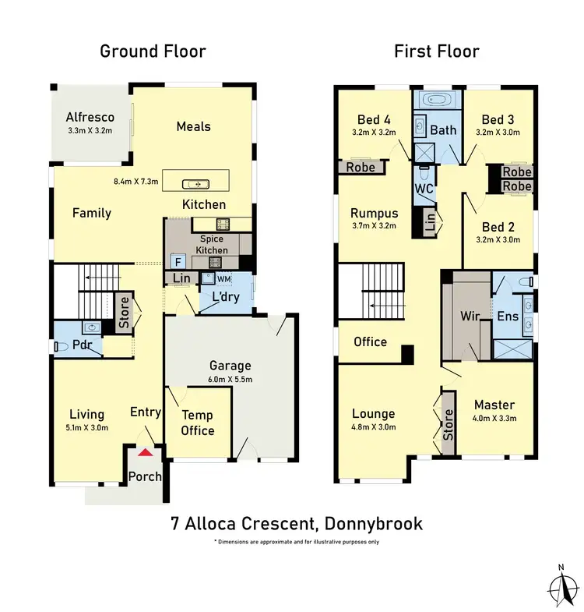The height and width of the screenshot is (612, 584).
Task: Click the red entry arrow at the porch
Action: pyautogui.click(x=144, y=451)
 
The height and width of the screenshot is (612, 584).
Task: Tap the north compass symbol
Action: pyautogui.click(x=560, y=584)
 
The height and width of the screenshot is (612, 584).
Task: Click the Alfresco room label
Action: pyautogui.click(x=90, y=117)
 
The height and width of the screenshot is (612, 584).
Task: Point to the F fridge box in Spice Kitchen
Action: pyautogui.click(x=177, y=261)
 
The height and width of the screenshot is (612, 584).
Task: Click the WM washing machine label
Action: pyautogui.click(x=223, y=278)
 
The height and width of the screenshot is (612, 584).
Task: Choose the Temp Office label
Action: pyautogui.click(x=198, y=423)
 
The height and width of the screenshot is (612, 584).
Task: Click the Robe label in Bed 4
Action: pyautogui.click(x=360, y=167)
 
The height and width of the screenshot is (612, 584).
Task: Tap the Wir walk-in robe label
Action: pyautogui.click(x=470, y=317)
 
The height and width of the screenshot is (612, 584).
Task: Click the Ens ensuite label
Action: pyautogui.click(x=508, y=317)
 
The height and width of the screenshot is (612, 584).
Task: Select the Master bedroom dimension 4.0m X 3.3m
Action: pyautogui.click(x=494, y=419)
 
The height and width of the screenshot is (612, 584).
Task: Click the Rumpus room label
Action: pyautogui.click(x=374, y=213)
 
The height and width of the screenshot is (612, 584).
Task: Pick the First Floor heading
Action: pyautogui.click(x=435, y=51)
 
